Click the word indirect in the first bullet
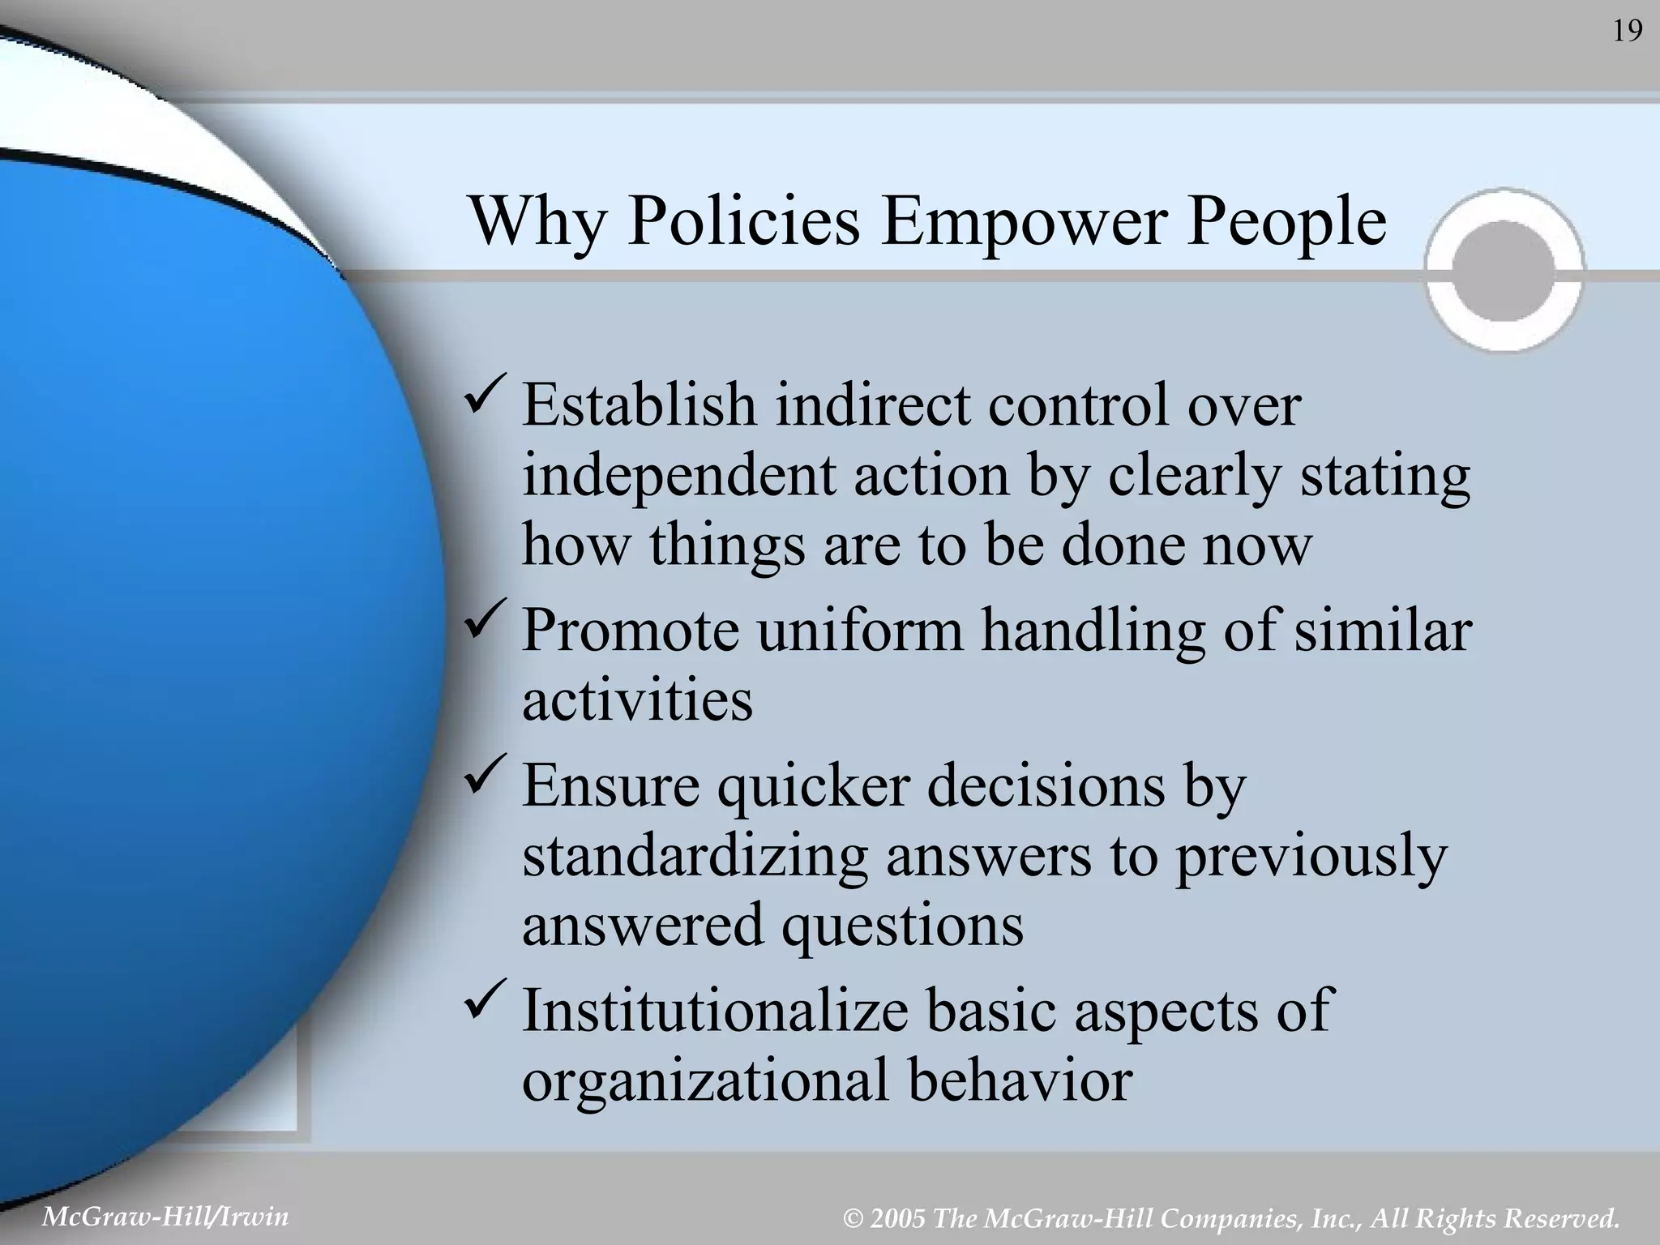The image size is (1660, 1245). pyautogui.click(x=871, y=404)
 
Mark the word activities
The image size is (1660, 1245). pyautogui.click(x=637, y=700)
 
